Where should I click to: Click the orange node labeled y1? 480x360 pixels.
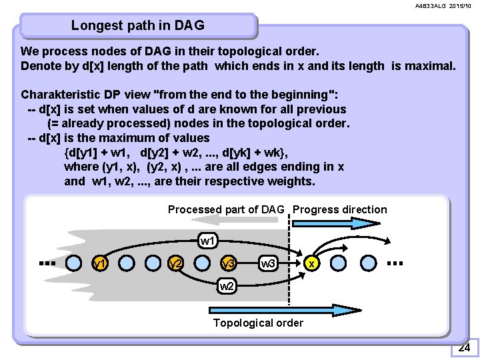[x=101, y=263]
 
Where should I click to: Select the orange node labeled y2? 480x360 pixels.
[x=176, y=263]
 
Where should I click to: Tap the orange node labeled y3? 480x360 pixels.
[x=229, y=263]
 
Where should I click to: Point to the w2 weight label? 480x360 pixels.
[x=227, y=287]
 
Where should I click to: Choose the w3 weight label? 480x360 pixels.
[x=269, y=263]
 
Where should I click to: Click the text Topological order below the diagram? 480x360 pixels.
[x=258, y=323]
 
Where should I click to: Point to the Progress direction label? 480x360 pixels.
[x=339, y=209]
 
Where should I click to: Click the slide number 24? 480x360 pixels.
[x=464, y=347]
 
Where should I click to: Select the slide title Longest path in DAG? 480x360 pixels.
[x=138, y=26]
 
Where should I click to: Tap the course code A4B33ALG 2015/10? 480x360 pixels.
[x=443, y=6]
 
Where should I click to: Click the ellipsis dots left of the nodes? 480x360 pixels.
[x=47, y=263]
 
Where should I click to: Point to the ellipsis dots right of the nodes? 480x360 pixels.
[x=395, y=263]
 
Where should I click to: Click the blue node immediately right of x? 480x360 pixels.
[x=338, y=263]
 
